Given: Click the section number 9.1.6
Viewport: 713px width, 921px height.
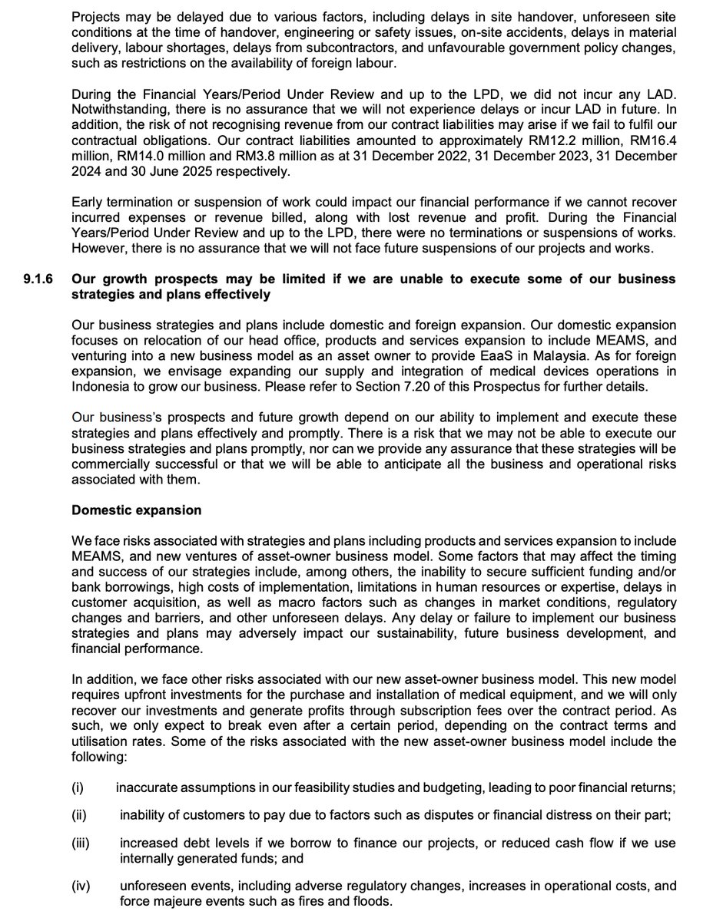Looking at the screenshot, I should pos(38,279).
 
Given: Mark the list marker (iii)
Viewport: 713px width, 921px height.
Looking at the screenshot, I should pos(81,843).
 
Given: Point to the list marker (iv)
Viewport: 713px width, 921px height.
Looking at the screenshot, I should pos(81,886).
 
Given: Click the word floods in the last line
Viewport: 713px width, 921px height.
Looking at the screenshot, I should pos(373,900).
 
